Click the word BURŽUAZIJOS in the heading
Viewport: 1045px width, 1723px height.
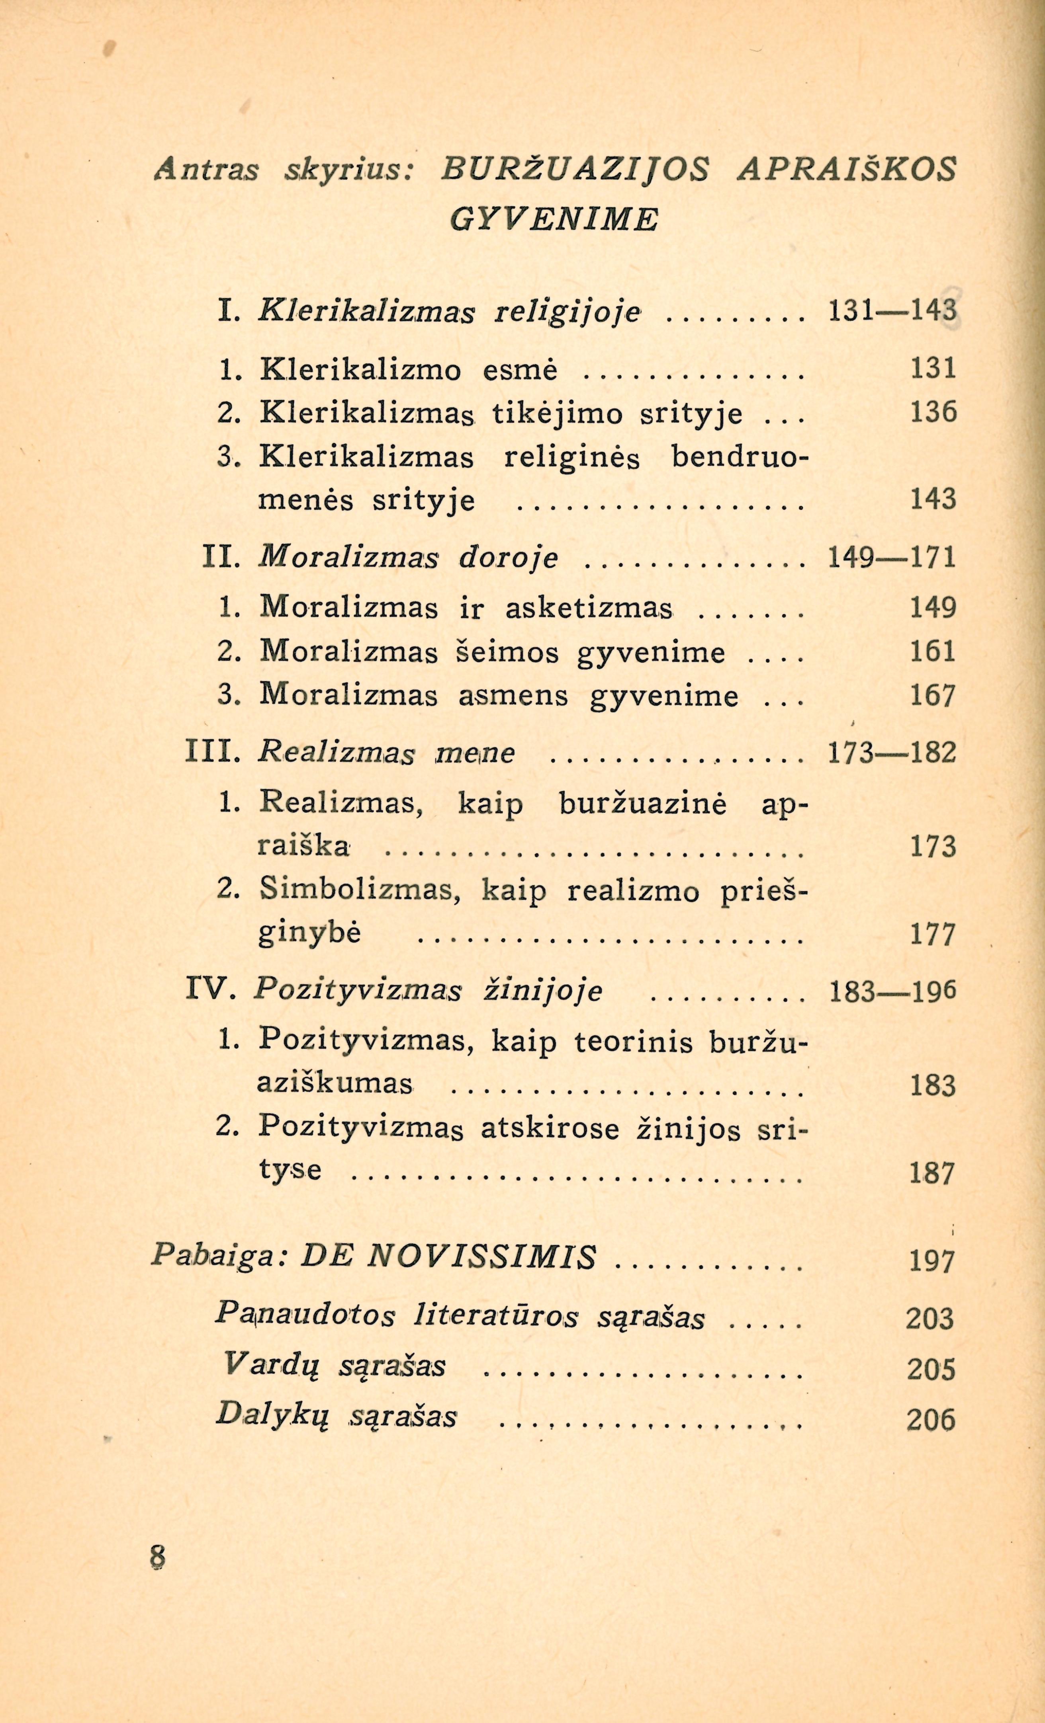click(x=575, y=170)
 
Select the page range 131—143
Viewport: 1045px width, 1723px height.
click(x=891, y=310)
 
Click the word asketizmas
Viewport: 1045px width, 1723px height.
click(x=589, y=608)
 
